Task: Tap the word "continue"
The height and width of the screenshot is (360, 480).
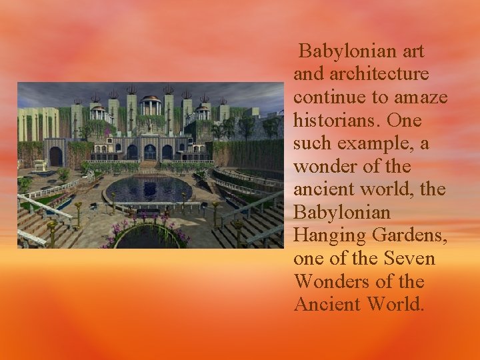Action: [x=330, y=97]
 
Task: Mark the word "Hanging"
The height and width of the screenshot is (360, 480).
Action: [x=325, y=235]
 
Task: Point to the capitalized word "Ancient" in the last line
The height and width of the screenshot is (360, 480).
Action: [x=327, y=304]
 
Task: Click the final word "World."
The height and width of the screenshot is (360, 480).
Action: [x=399, y=304]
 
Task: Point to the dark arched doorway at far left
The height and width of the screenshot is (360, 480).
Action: [x=55, y=157]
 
